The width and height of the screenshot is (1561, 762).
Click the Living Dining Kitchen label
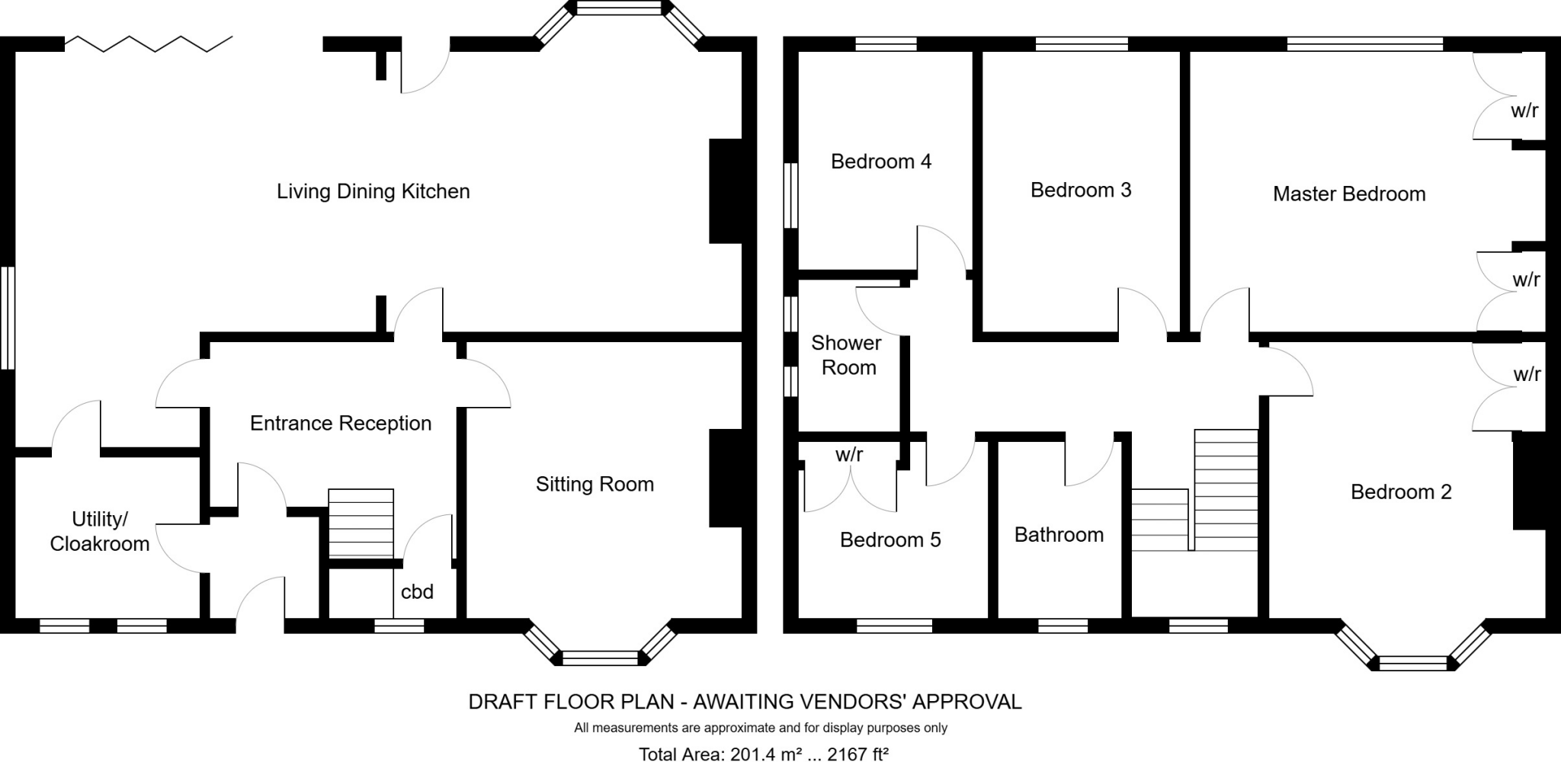(373, 191)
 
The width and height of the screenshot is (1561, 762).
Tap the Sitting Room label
(595, 485)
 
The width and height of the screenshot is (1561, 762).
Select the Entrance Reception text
(341, 424)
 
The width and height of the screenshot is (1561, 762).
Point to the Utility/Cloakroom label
(99, 532)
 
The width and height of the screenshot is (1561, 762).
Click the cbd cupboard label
(417, 592)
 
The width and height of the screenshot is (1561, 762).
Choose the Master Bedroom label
(1349, 194)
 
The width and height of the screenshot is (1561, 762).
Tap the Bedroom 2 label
(1401, 492)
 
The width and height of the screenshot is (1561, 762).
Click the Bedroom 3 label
(1081, 190)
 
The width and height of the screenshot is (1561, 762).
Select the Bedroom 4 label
(881, 162)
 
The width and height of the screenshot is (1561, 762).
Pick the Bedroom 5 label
(890, 540)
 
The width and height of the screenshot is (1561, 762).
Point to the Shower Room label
(848, 356)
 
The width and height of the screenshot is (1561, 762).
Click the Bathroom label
(1059, 535)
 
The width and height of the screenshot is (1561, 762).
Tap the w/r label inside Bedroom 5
(849, 455)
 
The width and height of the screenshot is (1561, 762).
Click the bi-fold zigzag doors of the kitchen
(149, 43)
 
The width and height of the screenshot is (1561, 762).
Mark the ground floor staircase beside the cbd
(361, 523)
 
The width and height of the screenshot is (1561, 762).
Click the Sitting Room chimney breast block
(726, 479)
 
